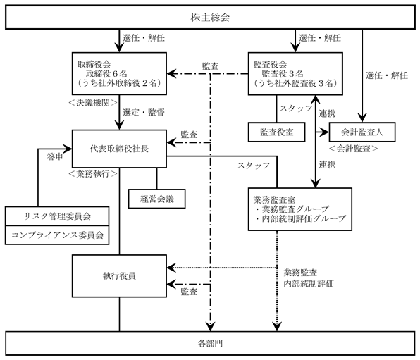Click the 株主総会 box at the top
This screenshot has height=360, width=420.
click(210, 18)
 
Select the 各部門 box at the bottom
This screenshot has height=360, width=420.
click(210, 343)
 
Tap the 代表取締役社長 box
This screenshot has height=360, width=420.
click(120, 149)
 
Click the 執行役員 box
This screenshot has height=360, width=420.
click(120, 276)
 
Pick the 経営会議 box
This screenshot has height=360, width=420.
click(157, 199)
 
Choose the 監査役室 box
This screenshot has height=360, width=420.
click(277, 132)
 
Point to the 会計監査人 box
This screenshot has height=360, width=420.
click(362, 132)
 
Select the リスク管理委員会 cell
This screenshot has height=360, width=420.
click(57, 216)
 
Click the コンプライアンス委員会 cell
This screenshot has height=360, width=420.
click(57, 235)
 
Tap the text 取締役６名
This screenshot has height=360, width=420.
click(106, 74)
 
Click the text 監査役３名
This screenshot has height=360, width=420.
click(283, 74)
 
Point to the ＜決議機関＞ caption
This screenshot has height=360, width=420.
click(93, 103)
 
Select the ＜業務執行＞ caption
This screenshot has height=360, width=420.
click(93, 174)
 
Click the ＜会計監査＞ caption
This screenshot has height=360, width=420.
click(353, 149)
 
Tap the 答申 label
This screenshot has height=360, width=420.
click(55, 156)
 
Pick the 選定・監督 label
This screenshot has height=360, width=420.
click(144, 112)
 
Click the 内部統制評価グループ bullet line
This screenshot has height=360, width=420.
click(300, 218)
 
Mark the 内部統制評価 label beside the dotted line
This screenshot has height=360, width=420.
click(309, 283)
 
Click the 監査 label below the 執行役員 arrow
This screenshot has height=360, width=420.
click(189, 292)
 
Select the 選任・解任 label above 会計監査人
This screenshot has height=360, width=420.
click(387, 75)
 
